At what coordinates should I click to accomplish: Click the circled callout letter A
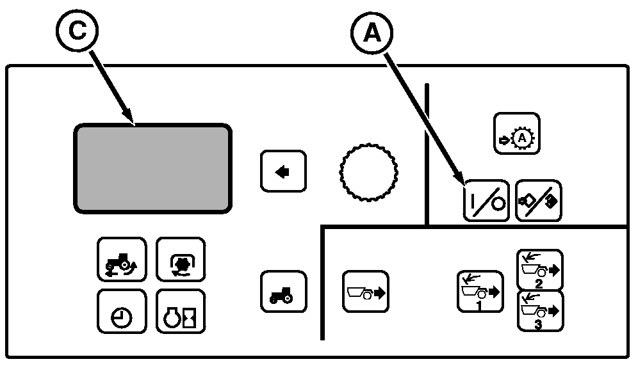372,33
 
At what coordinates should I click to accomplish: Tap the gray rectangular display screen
152,168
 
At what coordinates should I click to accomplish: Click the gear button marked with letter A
517,133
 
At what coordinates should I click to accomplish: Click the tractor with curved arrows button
122,259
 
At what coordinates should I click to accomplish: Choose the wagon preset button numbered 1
480,291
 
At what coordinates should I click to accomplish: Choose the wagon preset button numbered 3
539,312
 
